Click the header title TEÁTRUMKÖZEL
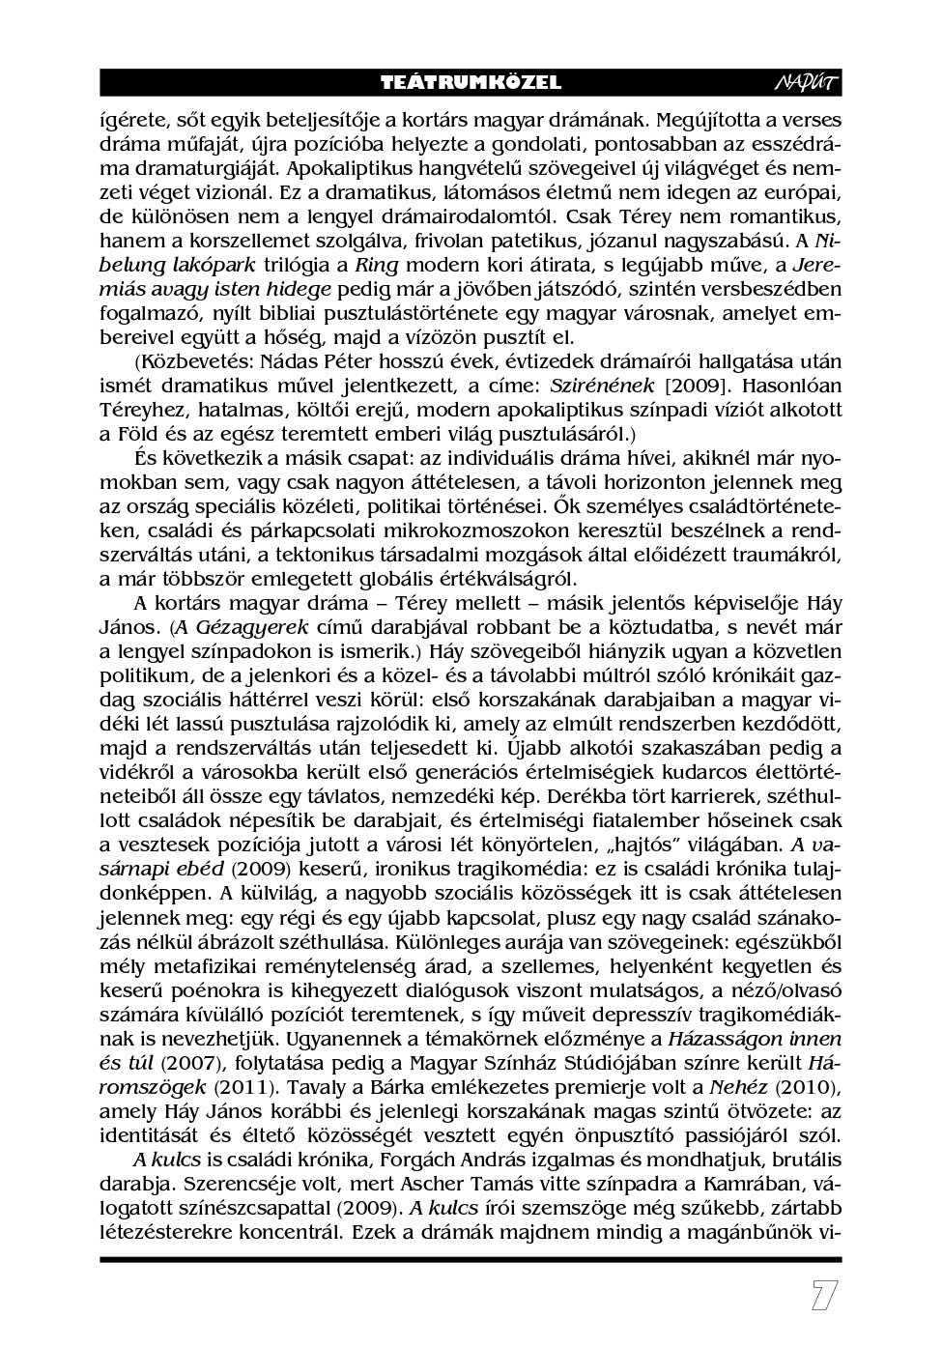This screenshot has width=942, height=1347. (471, 83)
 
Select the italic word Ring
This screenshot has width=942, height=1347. (377, 265)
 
